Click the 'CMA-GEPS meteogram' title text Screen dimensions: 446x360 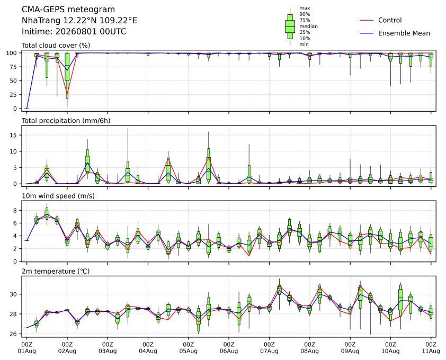point(68,10)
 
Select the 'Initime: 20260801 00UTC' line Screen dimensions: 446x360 point(74,31)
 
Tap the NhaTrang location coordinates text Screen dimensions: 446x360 point(79,21)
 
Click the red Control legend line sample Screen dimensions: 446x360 point(367,20)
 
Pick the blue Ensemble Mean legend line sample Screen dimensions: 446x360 point(367,33)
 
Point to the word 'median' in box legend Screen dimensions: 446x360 point(308,26)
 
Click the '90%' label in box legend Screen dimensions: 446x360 point(305,14)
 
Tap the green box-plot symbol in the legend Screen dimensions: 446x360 point(290,26)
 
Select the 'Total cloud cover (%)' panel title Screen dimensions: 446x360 point(56,46)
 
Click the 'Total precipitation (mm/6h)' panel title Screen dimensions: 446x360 point(66,121)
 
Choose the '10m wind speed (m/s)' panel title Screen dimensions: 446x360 point(58,196)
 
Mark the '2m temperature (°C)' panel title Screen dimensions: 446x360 point(56,271)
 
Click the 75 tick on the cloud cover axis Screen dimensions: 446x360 point(14,67)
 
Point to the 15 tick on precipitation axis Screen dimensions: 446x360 point(14,135)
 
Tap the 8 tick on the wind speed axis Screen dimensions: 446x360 point(15,210)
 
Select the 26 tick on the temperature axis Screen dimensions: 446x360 point(14,334)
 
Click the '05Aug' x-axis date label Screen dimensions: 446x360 point(188,351)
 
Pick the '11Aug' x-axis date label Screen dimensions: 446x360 point(431,351)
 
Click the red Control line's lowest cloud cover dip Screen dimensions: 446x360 point(67,94)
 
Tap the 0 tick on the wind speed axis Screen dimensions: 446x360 point(15,262)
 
